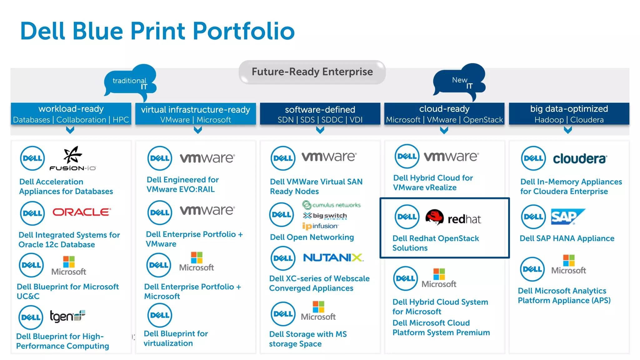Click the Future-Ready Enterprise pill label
click(312, 72)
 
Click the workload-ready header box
click(71, 114)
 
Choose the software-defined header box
click(320, 114)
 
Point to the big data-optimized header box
click(569, 114)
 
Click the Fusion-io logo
click(72, 159)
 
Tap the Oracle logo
click(82, 212)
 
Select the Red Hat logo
click(453, 218)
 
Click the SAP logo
click(567, 217)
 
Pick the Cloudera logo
click(580, 159)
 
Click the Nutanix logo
click(333, 258)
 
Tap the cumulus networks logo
click(331, 205)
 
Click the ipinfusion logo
click(320, 226)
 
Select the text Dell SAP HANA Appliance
click(567, 238)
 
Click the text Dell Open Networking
click(312, 237)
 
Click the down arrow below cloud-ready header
click(444, 130)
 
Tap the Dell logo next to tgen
click(31, 317)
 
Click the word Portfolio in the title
click(244, 31)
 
